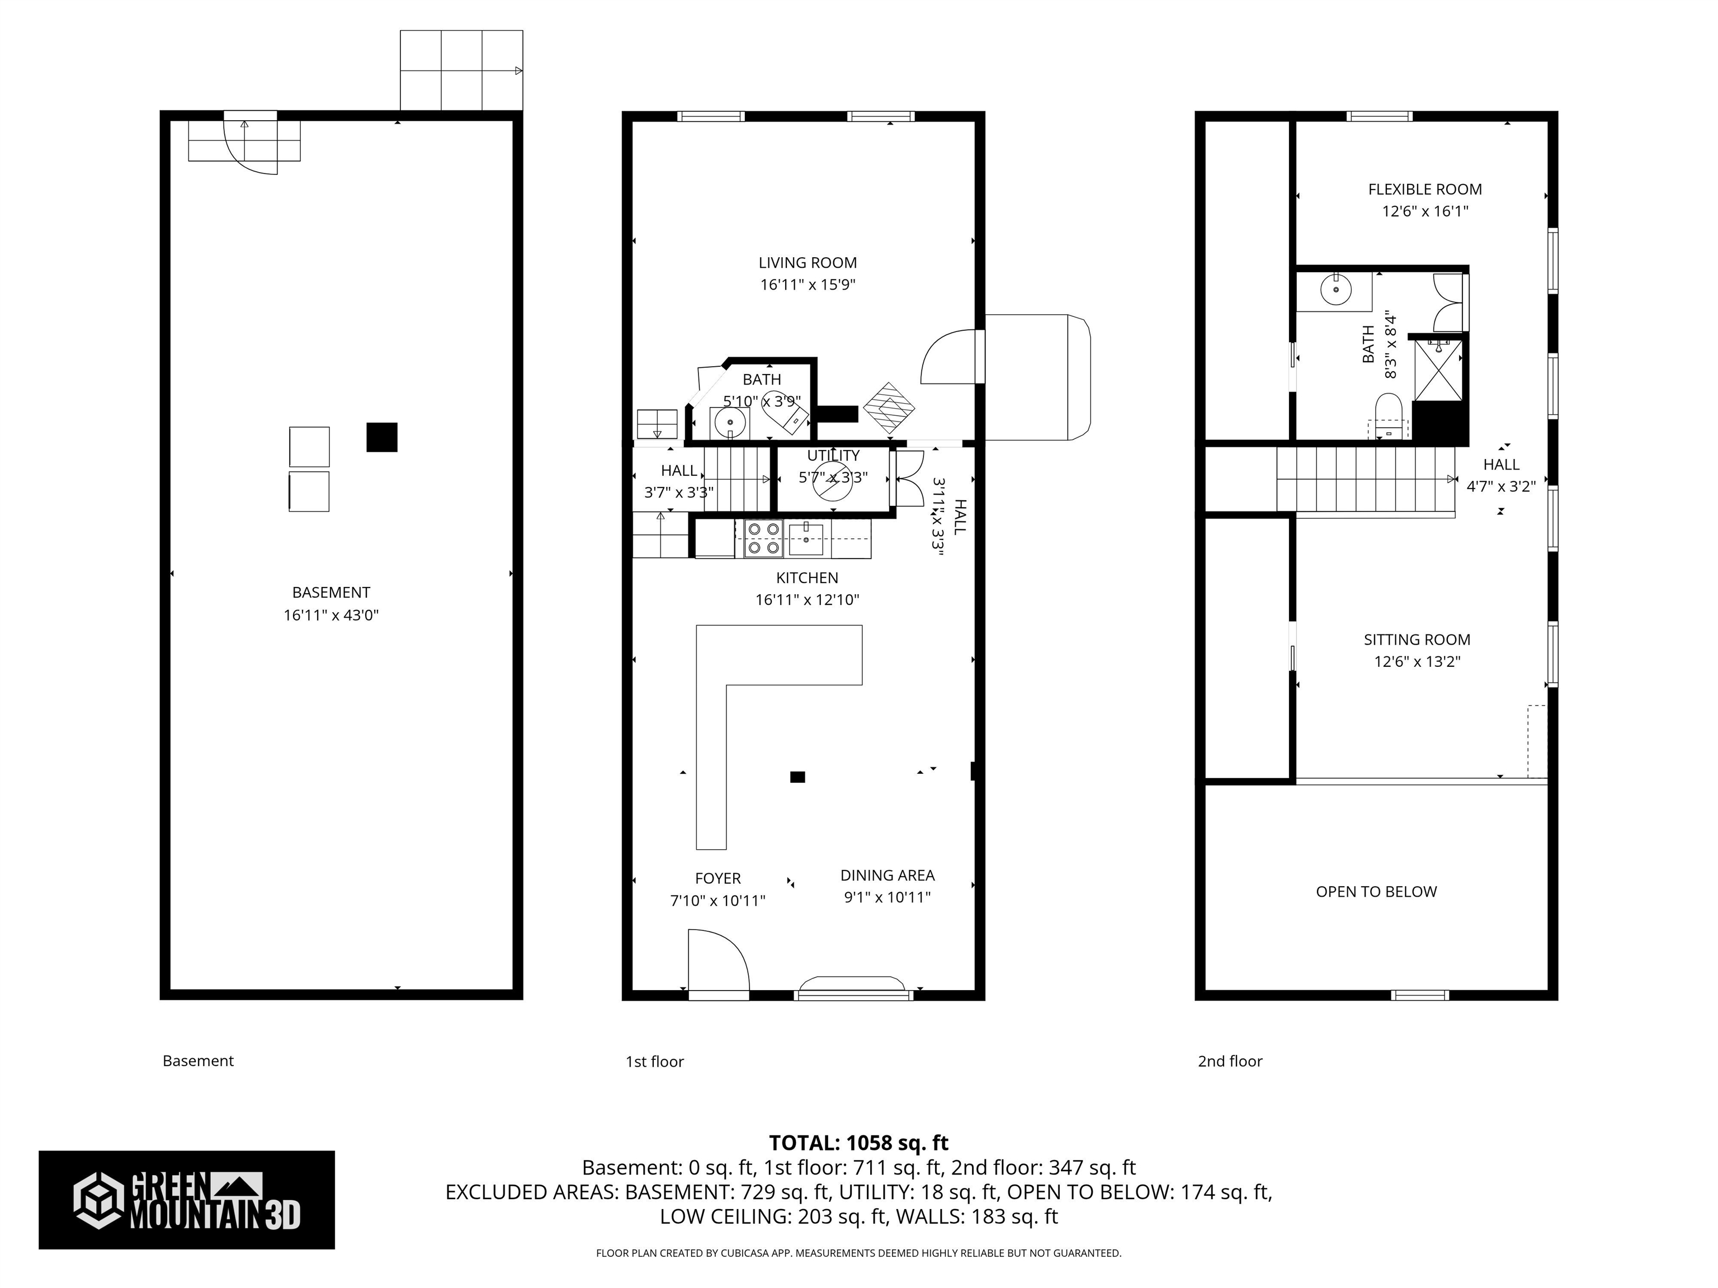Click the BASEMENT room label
point(331,593)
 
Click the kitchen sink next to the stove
point(806,538)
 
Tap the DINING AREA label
point(887,875)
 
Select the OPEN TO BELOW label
point(1376,891)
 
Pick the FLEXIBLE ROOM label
point(1424,190)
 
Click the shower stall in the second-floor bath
point(1438,370)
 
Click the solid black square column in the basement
point(381,437)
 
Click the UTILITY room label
point(833,456)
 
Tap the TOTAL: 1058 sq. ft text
point(858,1143)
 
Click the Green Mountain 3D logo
point(186,1200)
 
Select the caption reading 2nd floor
point(1229,1061)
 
